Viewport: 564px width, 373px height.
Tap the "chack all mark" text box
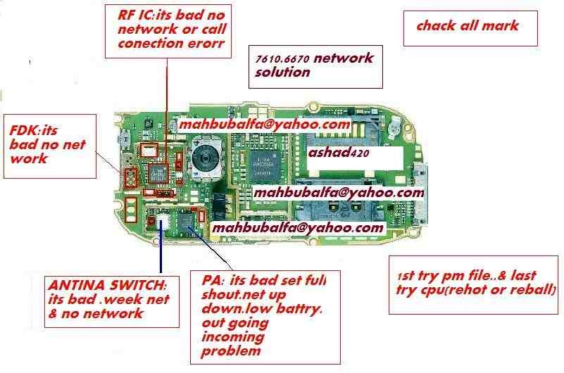[468, 26]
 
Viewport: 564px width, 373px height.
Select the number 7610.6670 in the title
[283, 61]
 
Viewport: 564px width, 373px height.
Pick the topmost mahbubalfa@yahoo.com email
[265, 125]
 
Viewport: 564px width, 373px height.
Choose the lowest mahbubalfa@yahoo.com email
[298, 229]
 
